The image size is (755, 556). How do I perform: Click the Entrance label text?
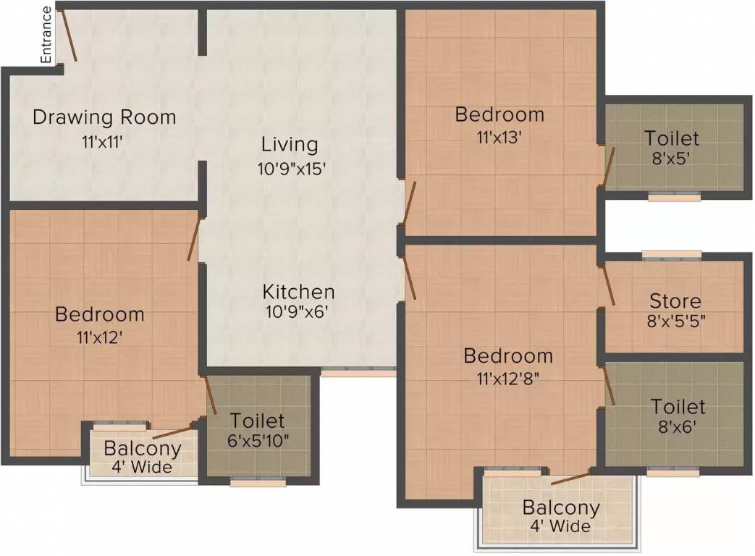pos(46,35)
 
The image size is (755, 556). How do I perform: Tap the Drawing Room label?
pos(104,117)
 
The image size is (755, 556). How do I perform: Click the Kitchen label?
pos(298,292)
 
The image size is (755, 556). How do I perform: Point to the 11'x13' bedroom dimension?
pos(499,137)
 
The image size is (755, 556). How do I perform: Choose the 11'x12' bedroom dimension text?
pos(99,338)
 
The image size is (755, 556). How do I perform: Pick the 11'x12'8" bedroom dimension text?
pos(508,379)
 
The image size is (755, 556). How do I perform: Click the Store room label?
pos(675,300)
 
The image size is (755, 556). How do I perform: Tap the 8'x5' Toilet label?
pos(672,138)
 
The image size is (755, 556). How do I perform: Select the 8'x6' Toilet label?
pos(677,406)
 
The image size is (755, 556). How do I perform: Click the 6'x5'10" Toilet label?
pos(257,421)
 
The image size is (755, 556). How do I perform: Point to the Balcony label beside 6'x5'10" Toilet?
pos(142,448)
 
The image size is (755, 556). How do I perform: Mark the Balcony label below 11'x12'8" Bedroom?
pos(561,507)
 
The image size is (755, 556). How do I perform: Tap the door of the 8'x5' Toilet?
pos(610,168)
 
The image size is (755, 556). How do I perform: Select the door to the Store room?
pos(608,285)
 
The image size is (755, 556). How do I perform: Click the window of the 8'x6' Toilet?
pos(672,472)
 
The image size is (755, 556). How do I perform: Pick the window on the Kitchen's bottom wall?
pos(358,372)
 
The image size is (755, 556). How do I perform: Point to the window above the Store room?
pos(671,255)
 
